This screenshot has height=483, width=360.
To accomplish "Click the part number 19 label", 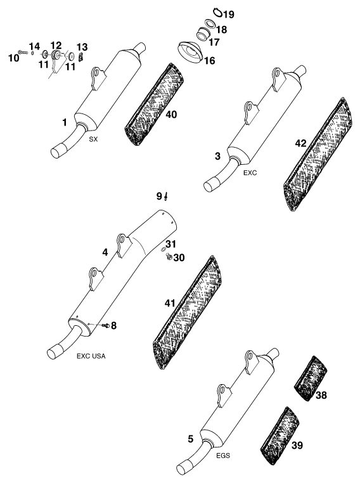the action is pyautogui.click(x=229, y=14).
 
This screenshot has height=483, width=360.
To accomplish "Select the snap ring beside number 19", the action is pyautogui.click(x=218, y=12).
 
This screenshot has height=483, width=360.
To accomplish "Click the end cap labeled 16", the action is pyautogui.click(x=190, y=52).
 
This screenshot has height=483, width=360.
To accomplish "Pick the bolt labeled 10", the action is pyautogui.click(x=23, y=53).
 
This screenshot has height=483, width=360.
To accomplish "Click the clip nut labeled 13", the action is pyautogui.click(x=80, y=57).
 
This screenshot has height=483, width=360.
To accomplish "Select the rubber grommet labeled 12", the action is pyautogui.click(x=56, y=55).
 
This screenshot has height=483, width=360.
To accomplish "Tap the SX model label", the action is pyautogui.click(x=93, y=139).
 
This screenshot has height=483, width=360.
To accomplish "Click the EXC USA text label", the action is pyautogui.click(x=91, y=356).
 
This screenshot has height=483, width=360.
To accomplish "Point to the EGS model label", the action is pyautogui.click(x=223, y=455).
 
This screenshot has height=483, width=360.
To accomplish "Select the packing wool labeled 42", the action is pyautogui.click(x=318, y=154).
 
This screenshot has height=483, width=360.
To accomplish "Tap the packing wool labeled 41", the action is pyautogui.click(x=188, y=312).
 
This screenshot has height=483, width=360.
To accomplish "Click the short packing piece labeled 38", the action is pyautogui.click(x=311, y=378).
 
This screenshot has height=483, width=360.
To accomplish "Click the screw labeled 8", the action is pyautogui.click(x=106, y=325).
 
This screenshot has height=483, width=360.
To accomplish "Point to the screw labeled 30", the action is pyautogui.click(x=169, y=256).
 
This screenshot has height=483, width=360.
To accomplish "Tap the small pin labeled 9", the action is pyautogui.click(x=166, y=196).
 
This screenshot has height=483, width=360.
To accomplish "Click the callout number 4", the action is pyautogui.click(x=105, y=252).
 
